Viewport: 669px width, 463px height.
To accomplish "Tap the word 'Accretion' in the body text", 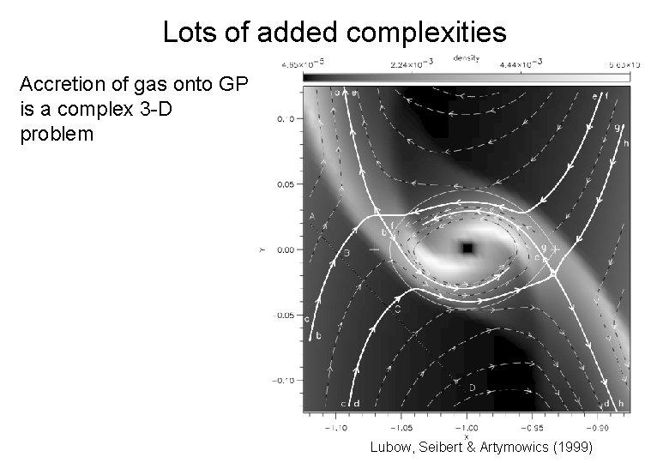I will [60, 85].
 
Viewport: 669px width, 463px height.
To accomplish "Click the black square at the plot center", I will [467, 248].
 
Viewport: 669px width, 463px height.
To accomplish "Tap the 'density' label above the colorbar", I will [467, 58].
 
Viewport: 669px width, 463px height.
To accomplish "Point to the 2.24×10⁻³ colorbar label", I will [407, 63].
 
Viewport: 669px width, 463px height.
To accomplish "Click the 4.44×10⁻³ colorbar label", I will [521, 63].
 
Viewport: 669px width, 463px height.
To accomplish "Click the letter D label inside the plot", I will [472, 388].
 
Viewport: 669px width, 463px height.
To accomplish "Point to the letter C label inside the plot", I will [398, 309].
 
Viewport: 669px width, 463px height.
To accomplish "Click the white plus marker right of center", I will [556, 247].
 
